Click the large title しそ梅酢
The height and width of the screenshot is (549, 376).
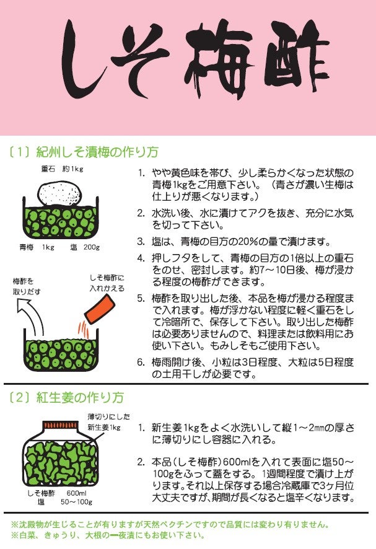tap(195, 59)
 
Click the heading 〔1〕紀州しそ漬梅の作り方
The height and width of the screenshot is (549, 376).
tap(84, 152)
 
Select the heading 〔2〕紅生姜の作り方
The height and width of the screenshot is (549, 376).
tap(66, 398)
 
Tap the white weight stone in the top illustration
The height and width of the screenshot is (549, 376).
tap(60, 193)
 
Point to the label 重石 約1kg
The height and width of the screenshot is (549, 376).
tap(62, 169)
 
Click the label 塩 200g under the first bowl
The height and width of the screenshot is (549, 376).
tap(85, 247)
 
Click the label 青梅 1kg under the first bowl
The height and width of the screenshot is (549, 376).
tap(37, 247)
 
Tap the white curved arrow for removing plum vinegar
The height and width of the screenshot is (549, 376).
tap(31, 317)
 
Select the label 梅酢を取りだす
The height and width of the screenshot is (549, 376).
tap(27, 286)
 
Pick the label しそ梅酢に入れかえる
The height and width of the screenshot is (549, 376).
tap(107, 283)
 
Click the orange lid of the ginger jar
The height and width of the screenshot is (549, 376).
tap(60, 425)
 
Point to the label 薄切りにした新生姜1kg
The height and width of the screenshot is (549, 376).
tap(108, 422)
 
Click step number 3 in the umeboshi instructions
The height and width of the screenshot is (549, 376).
tap(141, 242)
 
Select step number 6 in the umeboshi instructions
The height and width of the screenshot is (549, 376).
tap(141, 362)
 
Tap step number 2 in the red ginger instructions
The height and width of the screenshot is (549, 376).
tap(141, 462)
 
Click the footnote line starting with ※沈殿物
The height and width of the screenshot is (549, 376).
tap(170, 524)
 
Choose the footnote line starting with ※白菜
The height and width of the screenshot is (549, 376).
tap(108, 535)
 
